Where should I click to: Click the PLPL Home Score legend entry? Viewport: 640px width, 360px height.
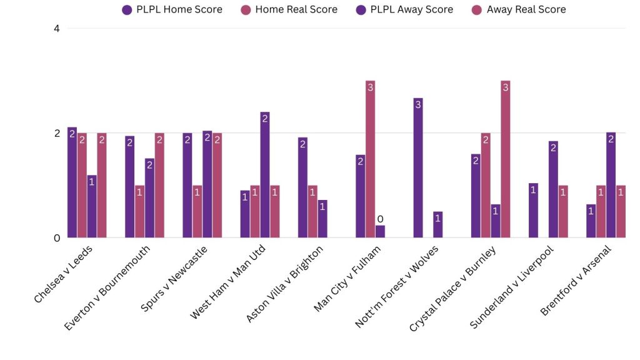pyautogui.click(x=172, y=9)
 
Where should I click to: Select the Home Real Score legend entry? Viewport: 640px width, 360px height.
pyautogui.click(x=291, y=9)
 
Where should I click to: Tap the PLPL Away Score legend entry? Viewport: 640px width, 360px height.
pyautogui.click(x=407, y=9)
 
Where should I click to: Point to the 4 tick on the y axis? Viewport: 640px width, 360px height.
pyautogui.click(x=56, y=29)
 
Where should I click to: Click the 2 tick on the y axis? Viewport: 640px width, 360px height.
pyautogui.click(x=56, y=133)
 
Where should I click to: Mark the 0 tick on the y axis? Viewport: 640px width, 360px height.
pyautogui.click(x=56, y=238)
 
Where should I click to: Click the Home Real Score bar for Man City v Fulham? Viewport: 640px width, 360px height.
pyautogui.click(x=370, y=159)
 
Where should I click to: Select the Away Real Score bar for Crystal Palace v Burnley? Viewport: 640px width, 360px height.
pyautogui.click(x=505, y=159)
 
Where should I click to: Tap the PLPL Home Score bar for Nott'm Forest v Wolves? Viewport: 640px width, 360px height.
pyautogui.click(x=418, y=168)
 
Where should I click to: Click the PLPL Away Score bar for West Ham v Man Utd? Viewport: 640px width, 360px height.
pyautogui.click(x=265, y=175)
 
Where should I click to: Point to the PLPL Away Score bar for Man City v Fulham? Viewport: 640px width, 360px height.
pyautogui.click(x=380, y=231)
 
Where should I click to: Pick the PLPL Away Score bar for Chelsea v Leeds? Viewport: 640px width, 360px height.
pyautogui.click(x=92, y=206)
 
